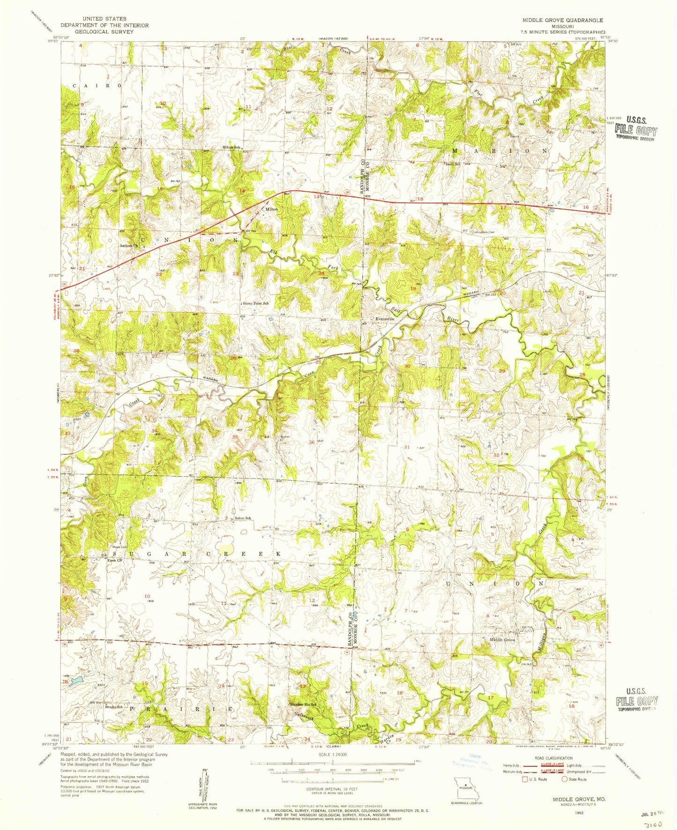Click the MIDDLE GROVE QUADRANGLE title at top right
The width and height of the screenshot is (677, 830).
coord(556,21)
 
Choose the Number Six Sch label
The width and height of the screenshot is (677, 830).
coord(304,704)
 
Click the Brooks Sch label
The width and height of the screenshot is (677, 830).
coord(114,707)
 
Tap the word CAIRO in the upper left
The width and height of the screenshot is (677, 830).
coord(97,86)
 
